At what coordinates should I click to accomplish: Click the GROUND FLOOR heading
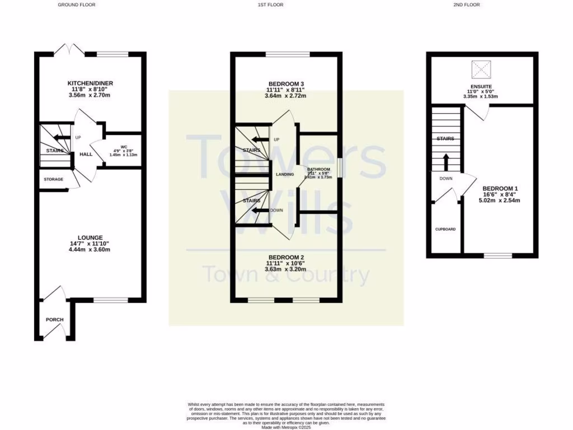pos(77,4)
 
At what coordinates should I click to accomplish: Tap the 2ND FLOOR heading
pos(467,4)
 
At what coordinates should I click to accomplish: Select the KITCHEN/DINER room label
pos(90,83)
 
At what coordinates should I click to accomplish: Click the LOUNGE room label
pos(90,237)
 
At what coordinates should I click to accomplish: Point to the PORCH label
pos(55,320)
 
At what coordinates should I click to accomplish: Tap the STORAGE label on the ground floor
pos(53,179)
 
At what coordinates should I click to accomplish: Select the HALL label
pos(86,155)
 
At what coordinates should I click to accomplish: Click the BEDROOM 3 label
pos(286,83)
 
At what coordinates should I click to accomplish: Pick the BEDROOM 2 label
pos(286,257)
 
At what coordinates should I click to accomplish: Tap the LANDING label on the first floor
pos(285,175)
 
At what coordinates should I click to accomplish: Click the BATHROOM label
pos(318,169)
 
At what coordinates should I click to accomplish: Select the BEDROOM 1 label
pos(500,188)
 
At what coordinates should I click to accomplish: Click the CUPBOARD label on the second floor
pos(445,229)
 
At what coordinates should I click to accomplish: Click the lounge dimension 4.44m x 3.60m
pos(90,250)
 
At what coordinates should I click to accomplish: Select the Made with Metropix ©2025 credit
pos(286,427)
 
